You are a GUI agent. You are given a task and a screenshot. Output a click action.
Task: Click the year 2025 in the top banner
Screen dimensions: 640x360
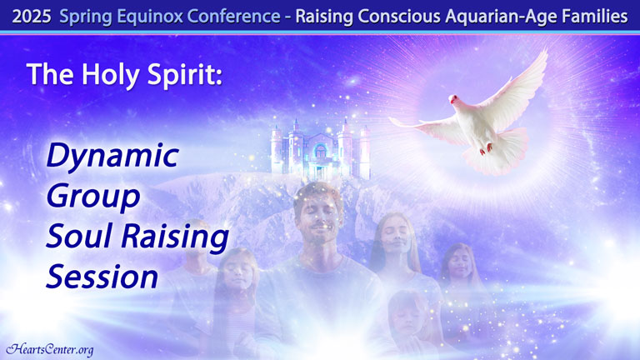pyautogui.click(x=32, y=17)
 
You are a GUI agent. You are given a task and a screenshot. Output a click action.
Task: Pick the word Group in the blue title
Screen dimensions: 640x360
pyautogui.click(x=93, y=197)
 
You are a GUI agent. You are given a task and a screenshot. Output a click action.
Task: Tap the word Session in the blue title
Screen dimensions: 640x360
pyautogui.click(x=102, y=277)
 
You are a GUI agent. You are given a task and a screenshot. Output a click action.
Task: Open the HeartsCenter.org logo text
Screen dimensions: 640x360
pyautogui.click(x=50, y=349)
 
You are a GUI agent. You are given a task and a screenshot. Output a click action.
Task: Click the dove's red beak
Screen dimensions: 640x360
pyautogui.click(x=452, y=98)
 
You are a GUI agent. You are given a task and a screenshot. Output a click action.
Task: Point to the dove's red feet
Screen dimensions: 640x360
pyautogui.click(x=486, y=148)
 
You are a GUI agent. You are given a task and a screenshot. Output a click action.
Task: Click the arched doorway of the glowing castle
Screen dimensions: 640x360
pyautogui.click(x=321, y=152)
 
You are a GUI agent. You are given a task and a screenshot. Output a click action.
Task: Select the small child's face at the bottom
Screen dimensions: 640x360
pyautogui.click(x=408, y=315)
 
